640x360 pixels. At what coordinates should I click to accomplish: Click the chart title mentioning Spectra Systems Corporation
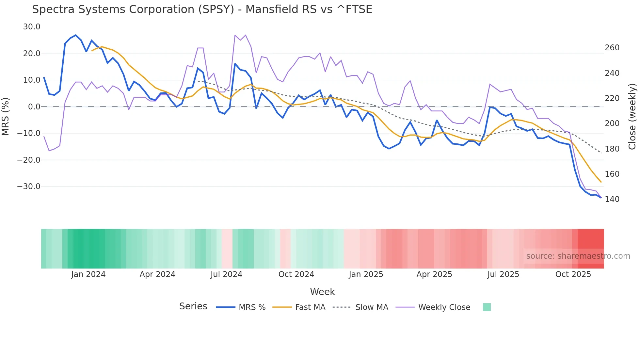click(202, 9)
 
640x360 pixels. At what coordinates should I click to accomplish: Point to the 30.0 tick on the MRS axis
click(32, 27)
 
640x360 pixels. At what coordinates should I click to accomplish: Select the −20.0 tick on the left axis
click(29, 160)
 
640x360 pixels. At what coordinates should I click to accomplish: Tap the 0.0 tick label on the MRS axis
click(34, 107)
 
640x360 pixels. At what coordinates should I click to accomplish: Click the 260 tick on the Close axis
click(612, 48)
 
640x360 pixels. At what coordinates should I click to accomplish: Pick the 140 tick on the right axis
click(612, 199)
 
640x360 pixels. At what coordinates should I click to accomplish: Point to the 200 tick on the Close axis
click(612, 123)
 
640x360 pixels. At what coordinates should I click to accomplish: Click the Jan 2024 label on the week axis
click(88, 274)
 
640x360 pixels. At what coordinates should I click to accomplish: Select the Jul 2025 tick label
click(503, 274)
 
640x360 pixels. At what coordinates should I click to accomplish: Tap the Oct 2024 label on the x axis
click(296, 274)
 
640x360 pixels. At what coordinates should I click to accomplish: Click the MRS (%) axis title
click(5, 117)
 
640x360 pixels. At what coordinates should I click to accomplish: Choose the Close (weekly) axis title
click(632, 117)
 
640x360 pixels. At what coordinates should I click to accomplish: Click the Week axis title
click(322, 292)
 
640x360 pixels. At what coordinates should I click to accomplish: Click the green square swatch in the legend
click(487, 307)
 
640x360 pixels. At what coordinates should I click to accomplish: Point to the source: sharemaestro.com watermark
click(578, 256)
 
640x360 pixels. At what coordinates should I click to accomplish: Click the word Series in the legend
click(193, 306)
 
